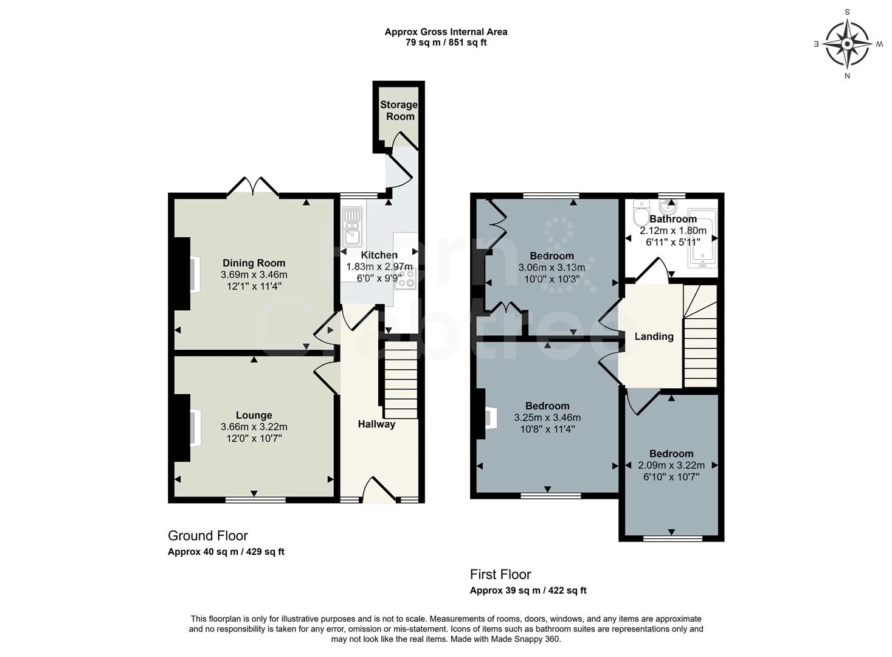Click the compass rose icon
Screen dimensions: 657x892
pos(847,43)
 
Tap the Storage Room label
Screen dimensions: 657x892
pos(399,110)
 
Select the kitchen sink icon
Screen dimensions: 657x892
pos(351,226)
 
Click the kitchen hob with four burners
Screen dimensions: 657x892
pos(405,278)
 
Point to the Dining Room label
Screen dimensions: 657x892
pos(254,263)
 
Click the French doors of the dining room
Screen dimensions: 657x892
pos(254,186)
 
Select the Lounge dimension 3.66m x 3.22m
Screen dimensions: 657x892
pos(254,427)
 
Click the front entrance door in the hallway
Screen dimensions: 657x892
pos(378,490)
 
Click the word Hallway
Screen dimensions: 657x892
pos(376,424)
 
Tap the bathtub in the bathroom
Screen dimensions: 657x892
pos(702,239)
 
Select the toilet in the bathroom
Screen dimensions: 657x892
pos(641,214)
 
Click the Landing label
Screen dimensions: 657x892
pos(654,336)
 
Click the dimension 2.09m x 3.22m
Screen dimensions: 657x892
pos(671,465)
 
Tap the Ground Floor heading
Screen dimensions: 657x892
pos(208,535)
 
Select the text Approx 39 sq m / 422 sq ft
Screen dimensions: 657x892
pos(528,590)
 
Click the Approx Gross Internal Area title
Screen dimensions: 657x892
pos(446,32)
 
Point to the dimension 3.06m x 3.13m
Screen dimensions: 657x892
pos(551,268)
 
